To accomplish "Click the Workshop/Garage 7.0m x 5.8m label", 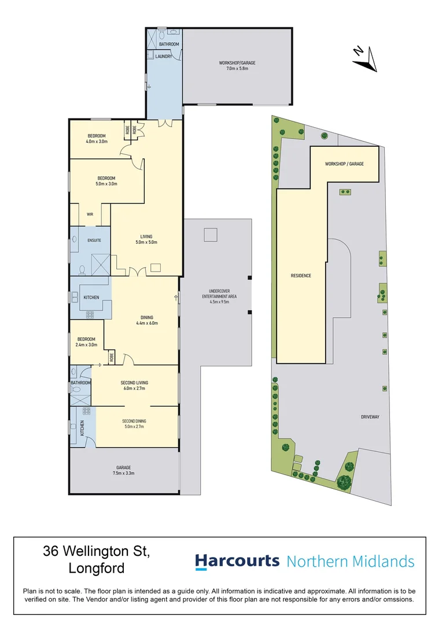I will coord(237,65).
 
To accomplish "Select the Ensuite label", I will coord(94,240).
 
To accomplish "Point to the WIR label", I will coord(90,214).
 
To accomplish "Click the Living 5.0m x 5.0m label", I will coord(146,239).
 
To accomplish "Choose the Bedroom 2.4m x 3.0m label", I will coord(86,342).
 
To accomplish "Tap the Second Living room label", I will coord(134,385).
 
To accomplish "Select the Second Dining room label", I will coord(134,424).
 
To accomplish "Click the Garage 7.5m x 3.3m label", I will coord(123,470).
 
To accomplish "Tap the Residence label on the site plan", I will coord(301,276).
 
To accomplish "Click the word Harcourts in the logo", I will coord(237,561).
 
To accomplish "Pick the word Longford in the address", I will coord(97,568).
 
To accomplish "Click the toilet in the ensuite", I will coord(82,269).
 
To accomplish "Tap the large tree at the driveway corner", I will coord(344,481).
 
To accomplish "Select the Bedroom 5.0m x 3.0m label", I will coord(106,181).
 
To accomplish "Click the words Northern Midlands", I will coord(351,561).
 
